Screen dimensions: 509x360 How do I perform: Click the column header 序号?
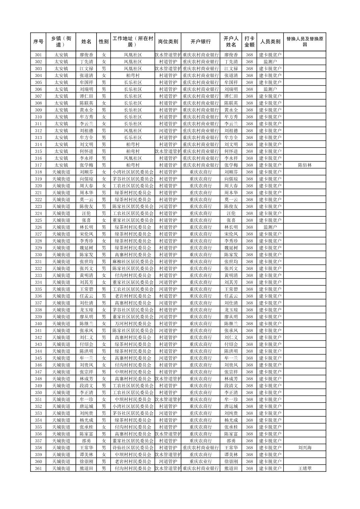click(x=39, y=42)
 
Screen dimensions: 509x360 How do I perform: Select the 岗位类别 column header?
click(x=168, y=42)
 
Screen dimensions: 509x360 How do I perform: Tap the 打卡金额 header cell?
click(x=249, y=42)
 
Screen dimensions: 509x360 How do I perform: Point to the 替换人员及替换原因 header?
click(x=304, y=42)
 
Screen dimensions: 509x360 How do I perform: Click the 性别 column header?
click(x=104, y=42)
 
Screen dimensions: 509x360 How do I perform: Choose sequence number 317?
click(x=39, y=165)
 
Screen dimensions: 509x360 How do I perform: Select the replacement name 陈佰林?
click(x=304, y=165)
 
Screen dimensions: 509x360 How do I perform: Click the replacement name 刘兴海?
click(x=304, y=448)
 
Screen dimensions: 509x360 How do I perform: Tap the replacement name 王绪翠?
click(x=304, y=468)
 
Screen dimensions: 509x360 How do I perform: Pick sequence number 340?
click(x=39, y=324)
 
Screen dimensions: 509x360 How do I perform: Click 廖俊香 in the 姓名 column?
click(x=86, y=55)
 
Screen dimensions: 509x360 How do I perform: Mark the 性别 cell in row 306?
click(x=104, y=89)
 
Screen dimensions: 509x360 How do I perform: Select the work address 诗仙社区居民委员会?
click(x=133, y=448)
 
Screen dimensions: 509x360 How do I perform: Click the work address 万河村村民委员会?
click(x=133, y=324)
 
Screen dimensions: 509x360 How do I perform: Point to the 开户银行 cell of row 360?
click(x=200, y=461)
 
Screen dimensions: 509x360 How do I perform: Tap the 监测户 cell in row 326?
click(x=270, y=227)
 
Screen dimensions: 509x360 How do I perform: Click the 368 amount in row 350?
click(x=249, y=392)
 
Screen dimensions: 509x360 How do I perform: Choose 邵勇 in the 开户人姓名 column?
click(x=231, y=441)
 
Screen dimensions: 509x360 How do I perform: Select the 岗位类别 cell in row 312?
click(x=168, y=131)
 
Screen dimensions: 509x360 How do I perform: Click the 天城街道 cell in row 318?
click(x=61, y=172)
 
